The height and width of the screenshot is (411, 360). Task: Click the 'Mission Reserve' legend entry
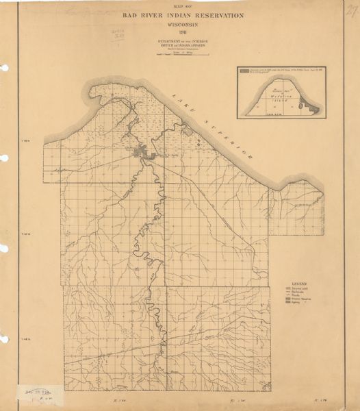pyautogui.click(x=302, y=303)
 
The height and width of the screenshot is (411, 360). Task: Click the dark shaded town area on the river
pyautogui.click(x=147, y=153)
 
